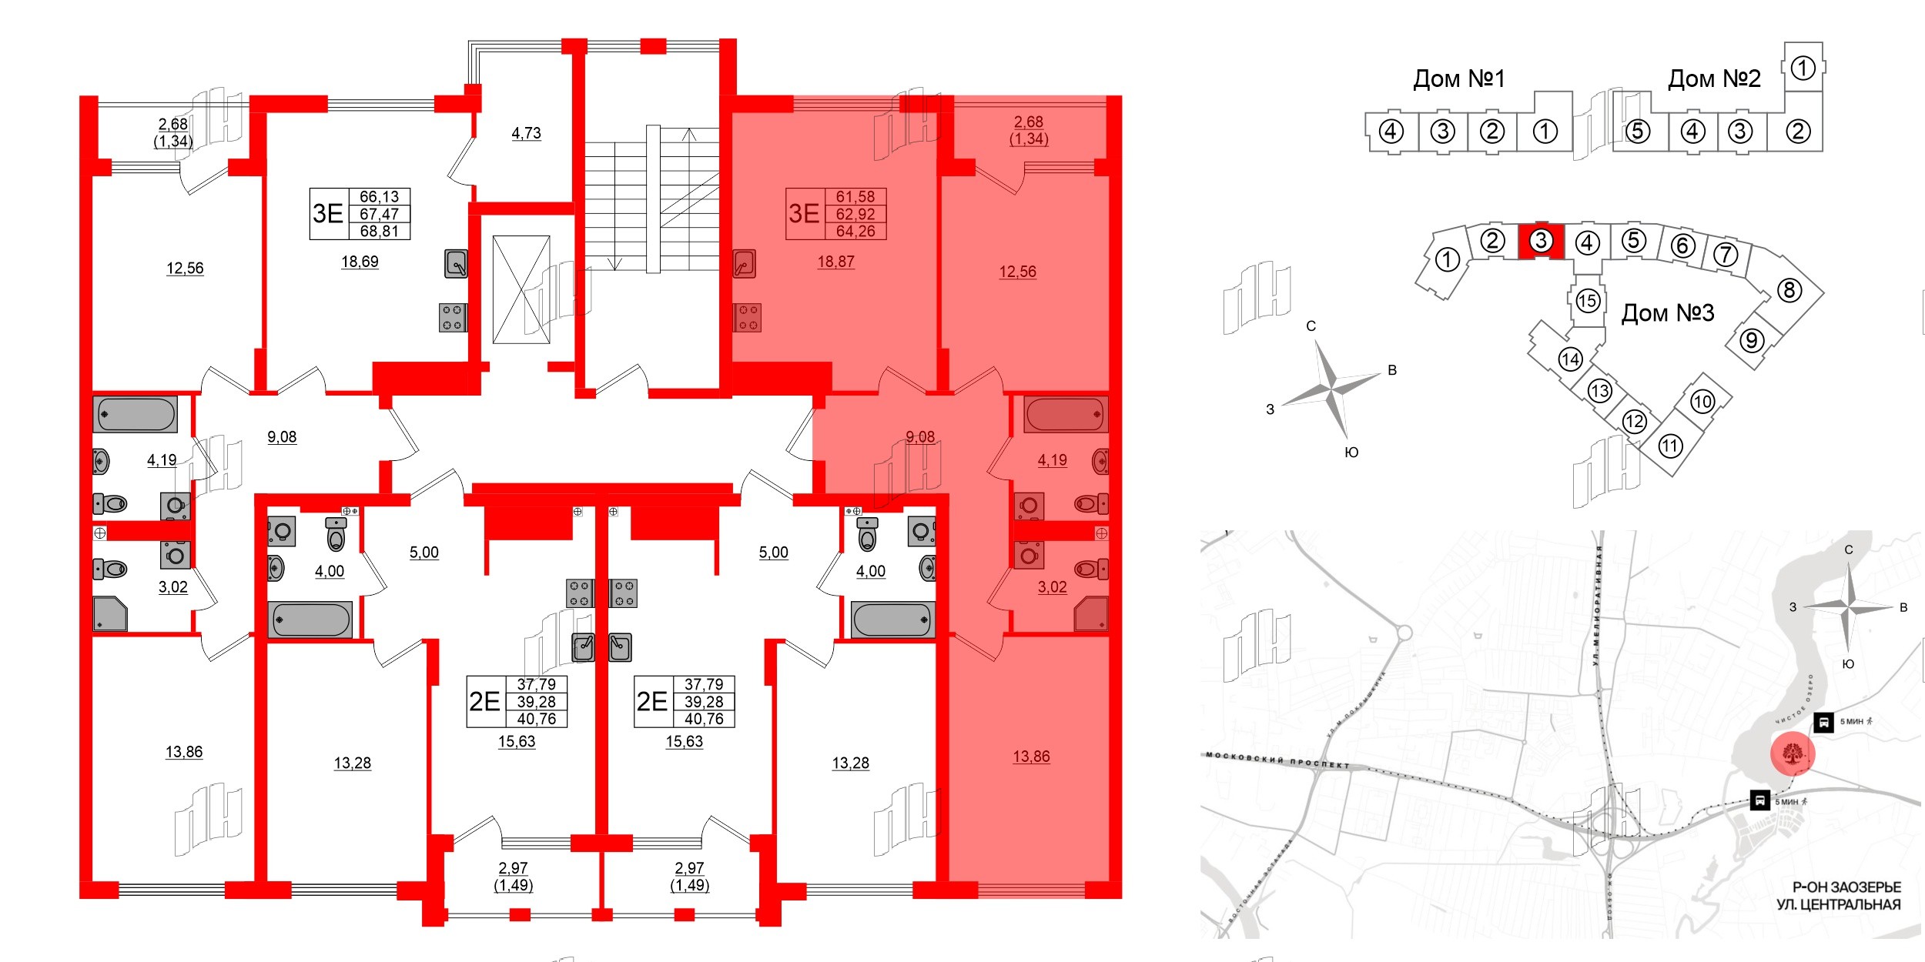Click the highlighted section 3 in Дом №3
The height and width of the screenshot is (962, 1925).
click(1540, 241)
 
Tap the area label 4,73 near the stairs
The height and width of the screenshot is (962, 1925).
click(526, 133)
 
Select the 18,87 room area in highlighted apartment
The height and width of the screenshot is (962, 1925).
click(835, 262)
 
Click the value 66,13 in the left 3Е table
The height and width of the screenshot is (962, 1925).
click(379, 197)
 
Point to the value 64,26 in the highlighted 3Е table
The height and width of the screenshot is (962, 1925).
click(855, 231)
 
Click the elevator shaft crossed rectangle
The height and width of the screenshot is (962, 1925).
click(521, 289)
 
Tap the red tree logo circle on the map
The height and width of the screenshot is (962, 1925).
click(1793, 753)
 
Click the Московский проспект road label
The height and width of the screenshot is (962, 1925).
click(1277, 760)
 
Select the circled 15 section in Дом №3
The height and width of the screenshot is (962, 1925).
click(1587, 300)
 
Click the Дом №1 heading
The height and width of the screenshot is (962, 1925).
click(1458, 78)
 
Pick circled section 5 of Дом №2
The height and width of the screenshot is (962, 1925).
click(1637, 132)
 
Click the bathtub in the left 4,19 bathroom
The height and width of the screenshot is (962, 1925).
click(136, 414)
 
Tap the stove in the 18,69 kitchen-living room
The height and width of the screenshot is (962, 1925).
click(453, 317)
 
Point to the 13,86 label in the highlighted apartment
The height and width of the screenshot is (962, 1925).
click(1031, 757)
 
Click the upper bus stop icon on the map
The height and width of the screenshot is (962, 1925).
click(1823, 723)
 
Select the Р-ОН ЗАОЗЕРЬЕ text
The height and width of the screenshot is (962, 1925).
click(1846, 887)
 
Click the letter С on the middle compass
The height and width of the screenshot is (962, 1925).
click(1311, 326)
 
